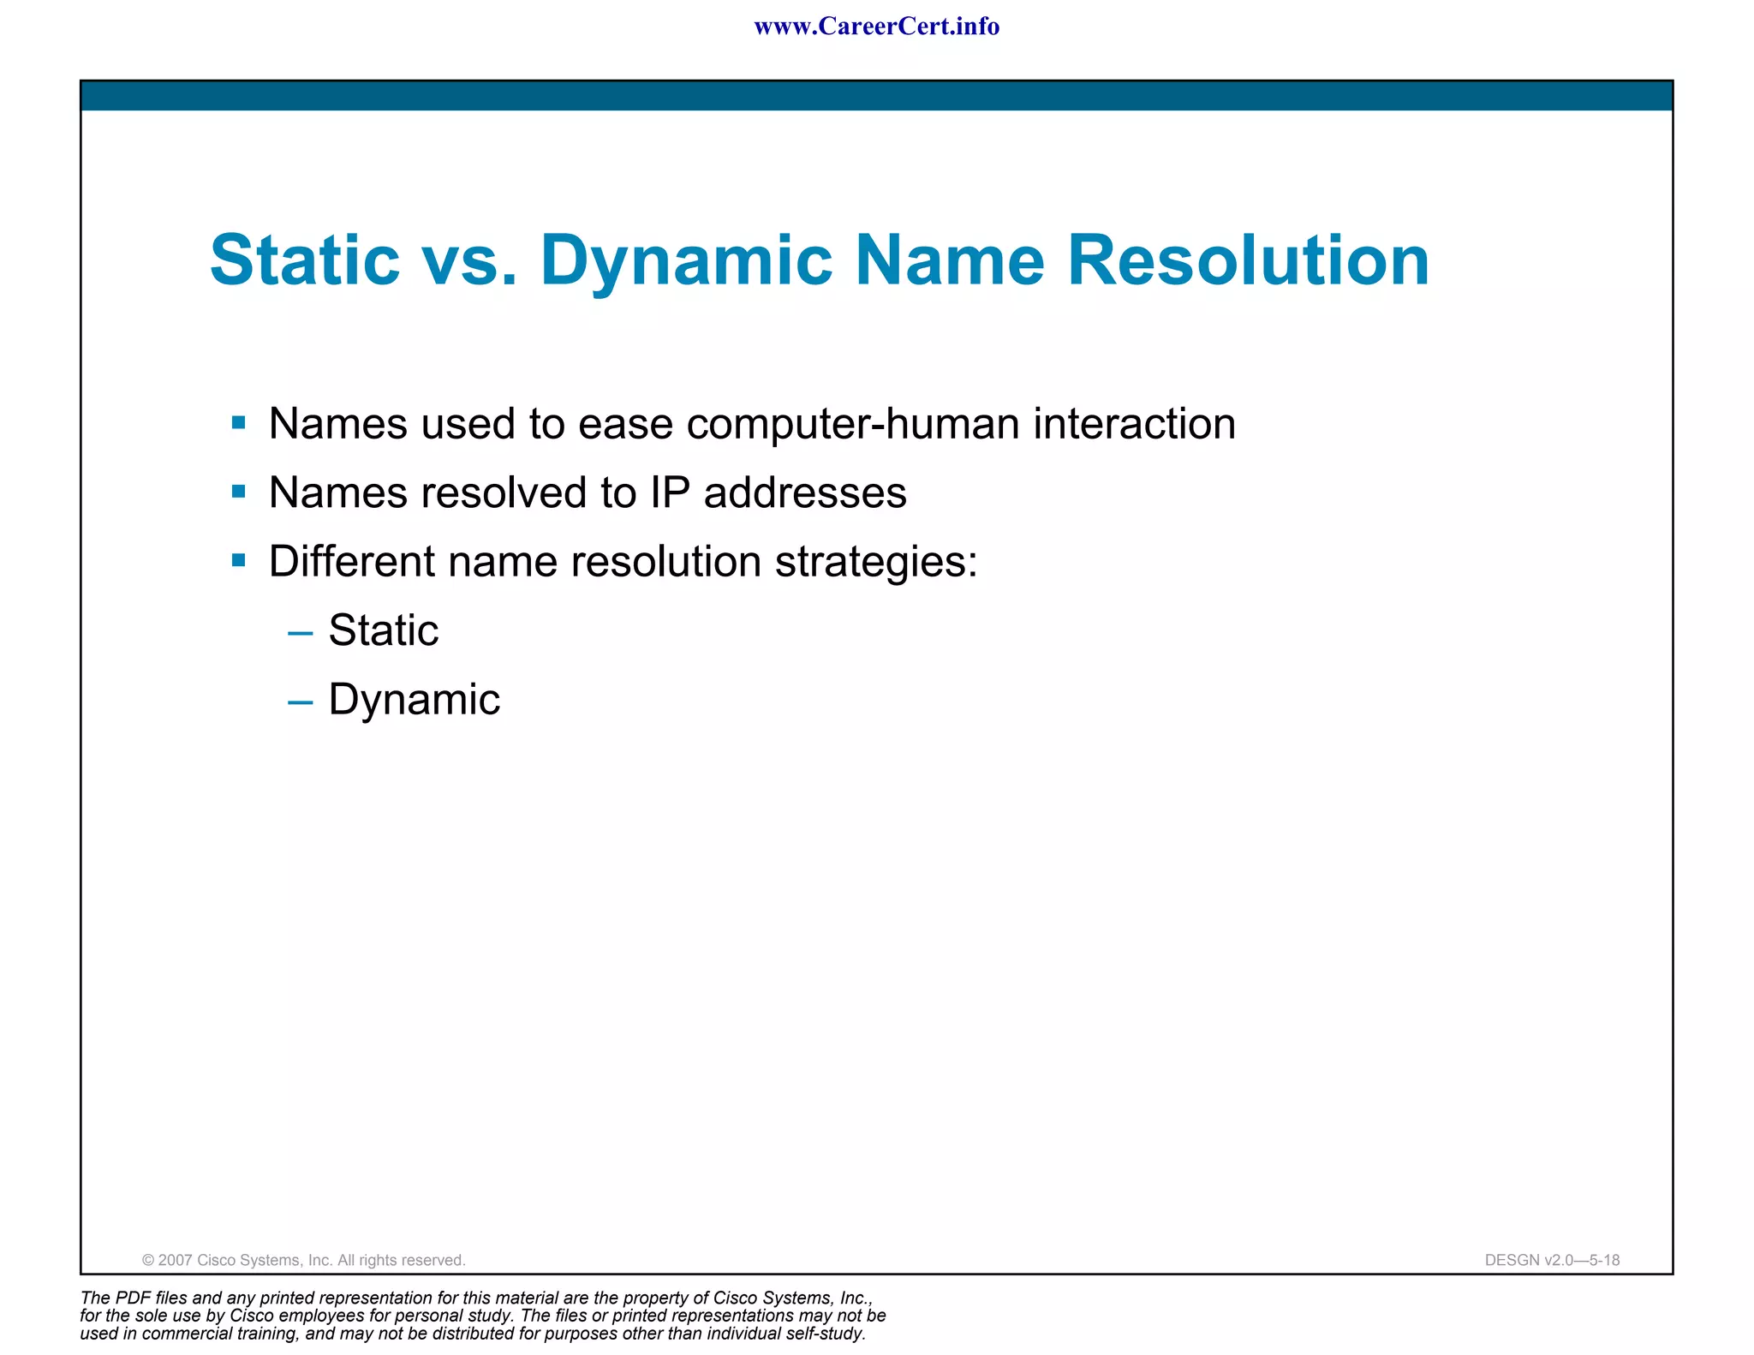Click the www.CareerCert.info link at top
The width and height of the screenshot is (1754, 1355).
click(x=876, y=27)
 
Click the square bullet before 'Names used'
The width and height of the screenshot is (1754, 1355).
click(x=239, y=422)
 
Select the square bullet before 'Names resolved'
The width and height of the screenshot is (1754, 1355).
click(x=239, y=492)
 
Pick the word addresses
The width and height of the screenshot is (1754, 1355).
click(x=804, y=492)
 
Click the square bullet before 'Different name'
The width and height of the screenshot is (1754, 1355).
click(x=239, y=561)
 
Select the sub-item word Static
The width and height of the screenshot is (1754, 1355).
click(x=384, y=630)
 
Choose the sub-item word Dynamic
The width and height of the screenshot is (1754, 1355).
click(x=414, y=700)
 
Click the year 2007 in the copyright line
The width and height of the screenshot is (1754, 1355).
click(x=176, y=1260)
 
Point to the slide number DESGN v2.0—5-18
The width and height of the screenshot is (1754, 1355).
click(x=1552, y=1260)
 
